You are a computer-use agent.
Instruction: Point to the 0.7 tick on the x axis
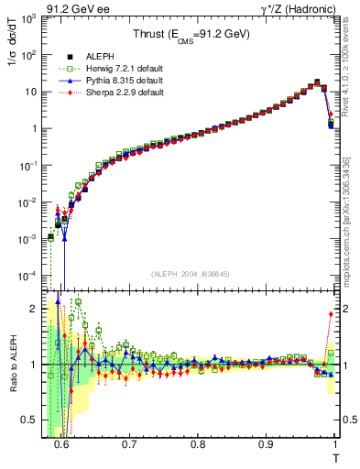point(130,446)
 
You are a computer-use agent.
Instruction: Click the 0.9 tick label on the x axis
point(266,446)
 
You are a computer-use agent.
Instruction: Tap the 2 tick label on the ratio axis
point(38,309)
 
